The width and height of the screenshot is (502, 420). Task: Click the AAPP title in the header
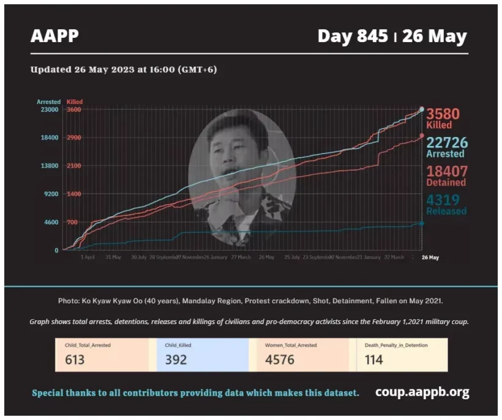[x=54, y=36]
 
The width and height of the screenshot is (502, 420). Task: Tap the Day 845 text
[x=352, y=36]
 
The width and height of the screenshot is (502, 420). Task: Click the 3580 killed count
[x=443, y=114]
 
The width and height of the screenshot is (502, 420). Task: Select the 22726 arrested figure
[x=447, y=143]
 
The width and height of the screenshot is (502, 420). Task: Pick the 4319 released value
[x=443, y=200]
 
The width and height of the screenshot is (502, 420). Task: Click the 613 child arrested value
[x=75, y=359]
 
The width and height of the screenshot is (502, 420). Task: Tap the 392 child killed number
[x=176, y=359]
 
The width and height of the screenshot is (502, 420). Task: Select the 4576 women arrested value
[x=280, y=359]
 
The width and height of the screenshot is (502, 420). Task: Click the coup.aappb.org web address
[x=422, y=392]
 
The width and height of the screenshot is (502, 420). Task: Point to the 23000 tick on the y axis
[x=48, y=109]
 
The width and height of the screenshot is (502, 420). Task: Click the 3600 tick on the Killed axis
[x=74, y=109]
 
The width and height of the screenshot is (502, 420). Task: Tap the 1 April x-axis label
[x=88, y=257]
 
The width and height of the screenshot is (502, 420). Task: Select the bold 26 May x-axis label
[x=430, y=257]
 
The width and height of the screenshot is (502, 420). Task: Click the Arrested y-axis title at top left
[x=48, y=101]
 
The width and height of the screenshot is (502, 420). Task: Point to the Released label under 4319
[x=446, y=212]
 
